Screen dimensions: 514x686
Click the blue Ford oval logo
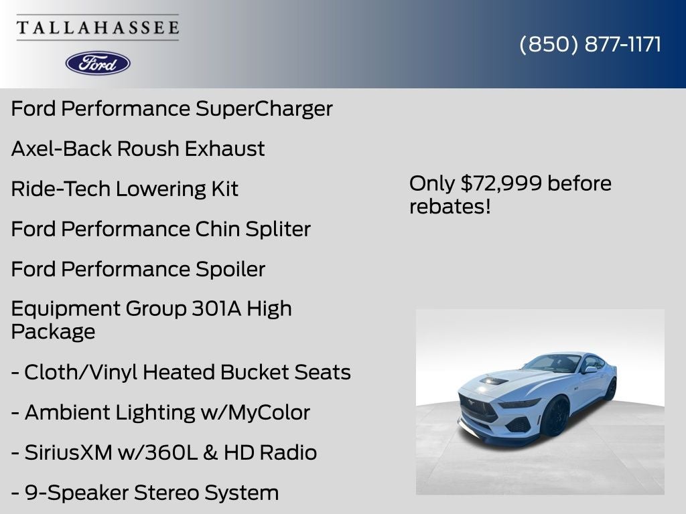pyautogui.click(x=98, y=63)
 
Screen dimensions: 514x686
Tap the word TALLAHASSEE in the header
pyautogui.click(x=98, y=28)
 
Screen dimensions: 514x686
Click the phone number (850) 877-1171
pyautogui.click(x=590, y=44)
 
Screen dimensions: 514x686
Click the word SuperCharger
pyautogui.click(x=264, y=108)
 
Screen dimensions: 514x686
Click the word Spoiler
pyautogui.click(x=230, y=269)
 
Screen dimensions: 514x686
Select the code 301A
pyautogui.click(x=216, y=309)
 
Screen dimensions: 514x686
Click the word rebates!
pyautogui.click(x=450, y=206)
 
